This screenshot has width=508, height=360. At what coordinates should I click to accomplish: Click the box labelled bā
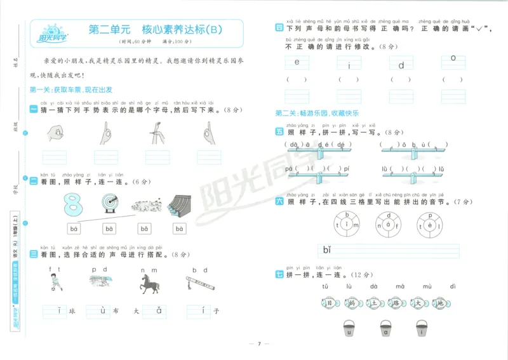coord(109,229)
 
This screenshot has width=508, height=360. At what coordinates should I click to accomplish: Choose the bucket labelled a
coord(385,330)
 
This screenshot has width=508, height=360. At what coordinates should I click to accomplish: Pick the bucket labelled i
coord(421,330)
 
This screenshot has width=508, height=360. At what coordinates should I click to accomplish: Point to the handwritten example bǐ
coord(328,249)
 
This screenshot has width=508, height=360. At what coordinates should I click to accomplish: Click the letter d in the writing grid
coord(401,64)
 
